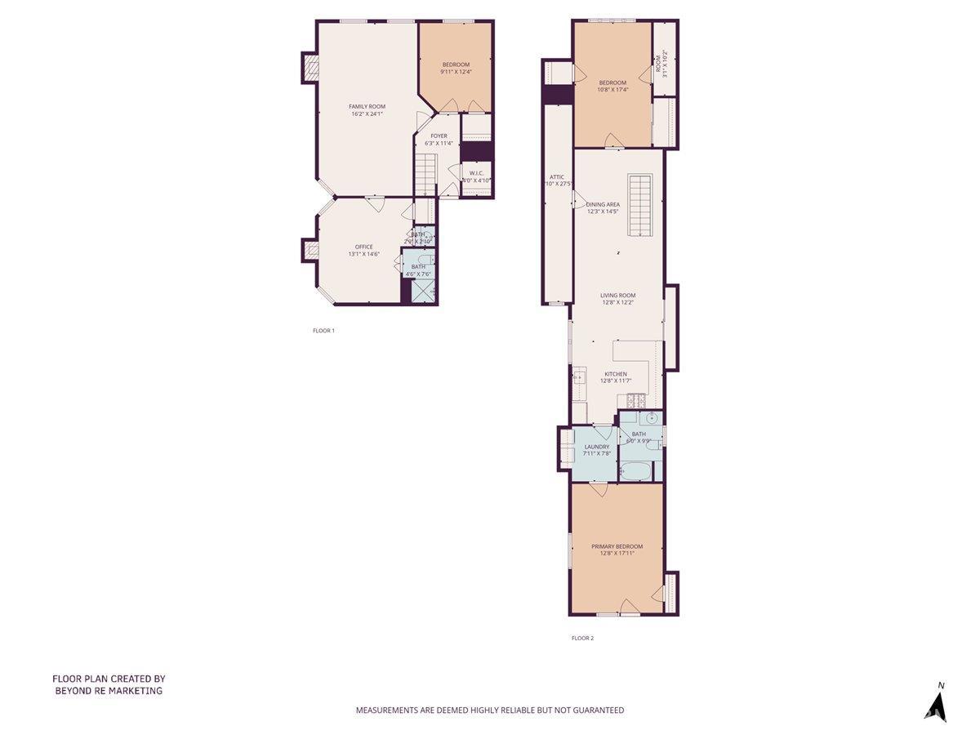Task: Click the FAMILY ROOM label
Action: [x=367, y=106]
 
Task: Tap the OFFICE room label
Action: [x=363, y=247]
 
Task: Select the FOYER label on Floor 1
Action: [x=439, y=136]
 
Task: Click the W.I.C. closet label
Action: [x=476, y=173]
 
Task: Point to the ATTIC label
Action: [x=557, y=177]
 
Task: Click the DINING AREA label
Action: [x=603, y=204]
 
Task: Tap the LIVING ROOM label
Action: [x=617, y=296]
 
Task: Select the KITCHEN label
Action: [x=616, y=374]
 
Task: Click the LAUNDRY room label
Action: [x=597, y=447]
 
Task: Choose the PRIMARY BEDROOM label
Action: [x=617, y=546]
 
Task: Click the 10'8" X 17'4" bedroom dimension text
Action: [x=612, y=90]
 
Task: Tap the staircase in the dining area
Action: [x=641, y=205]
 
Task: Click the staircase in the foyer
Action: [x=424, y=173]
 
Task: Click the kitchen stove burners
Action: [x=636, y=400]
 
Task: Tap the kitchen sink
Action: [x=580, y=376]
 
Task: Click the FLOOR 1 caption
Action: [x=323, y=331]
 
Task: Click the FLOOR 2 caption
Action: [x=581, y=638]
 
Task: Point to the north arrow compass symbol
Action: [x=938, y=704]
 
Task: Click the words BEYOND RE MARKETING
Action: [x=109, y=691]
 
